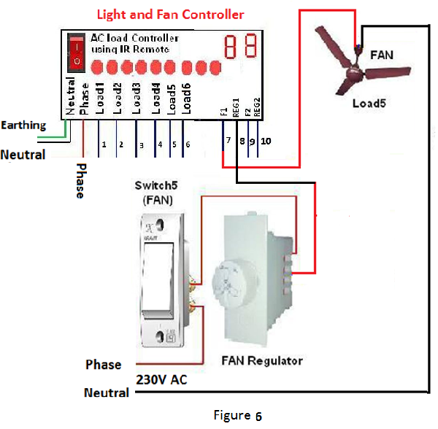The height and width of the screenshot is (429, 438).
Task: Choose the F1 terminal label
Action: click(223, 110)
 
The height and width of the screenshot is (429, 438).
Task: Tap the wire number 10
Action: click(265, 140)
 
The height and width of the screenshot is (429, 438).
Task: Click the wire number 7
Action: click(228, 140)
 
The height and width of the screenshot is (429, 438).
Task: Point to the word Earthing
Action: click(23, 125)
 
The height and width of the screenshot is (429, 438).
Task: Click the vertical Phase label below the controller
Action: click(78, 181)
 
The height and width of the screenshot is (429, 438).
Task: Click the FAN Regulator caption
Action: click(262, 360)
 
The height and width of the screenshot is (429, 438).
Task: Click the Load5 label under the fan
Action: click(369, 104)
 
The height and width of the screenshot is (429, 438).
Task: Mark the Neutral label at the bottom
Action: click(107, 393)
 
